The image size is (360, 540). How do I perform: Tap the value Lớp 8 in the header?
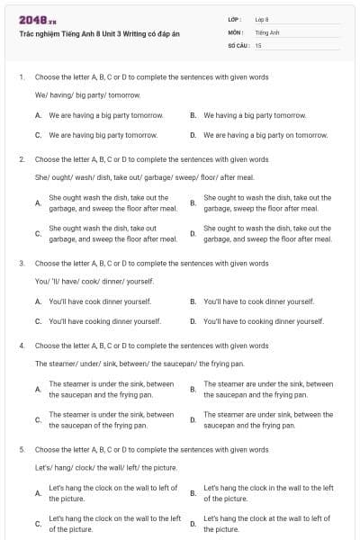[x=262, y=19]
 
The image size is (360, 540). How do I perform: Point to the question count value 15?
[x=258, y=44]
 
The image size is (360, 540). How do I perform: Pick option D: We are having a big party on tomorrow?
[x=265, y=135]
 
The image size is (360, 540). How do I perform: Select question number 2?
[x=21, y=159]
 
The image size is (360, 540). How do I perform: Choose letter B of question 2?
[x=193, y=202]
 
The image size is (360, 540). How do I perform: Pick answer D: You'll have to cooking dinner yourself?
[x=263, y=320]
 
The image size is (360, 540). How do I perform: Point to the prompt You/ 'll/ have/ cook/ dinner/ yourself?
[x=94, y=281]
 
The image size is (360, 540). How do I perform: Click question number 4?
[x=21, y=346]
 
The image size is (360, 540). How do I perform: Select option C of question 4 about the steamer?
[x=38, y=419]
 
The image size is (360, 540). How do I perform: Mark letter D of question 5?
[x=193, y=524]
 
